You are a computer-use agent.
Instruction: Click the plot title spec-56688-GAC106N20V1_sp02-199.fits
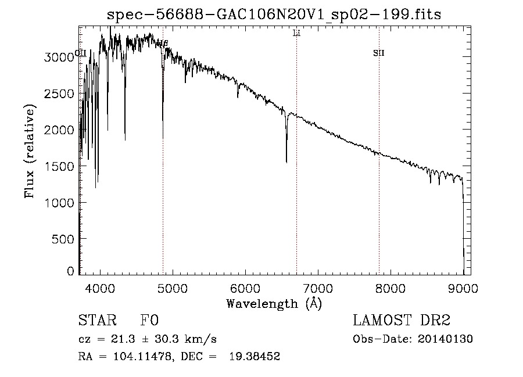pos(274,15)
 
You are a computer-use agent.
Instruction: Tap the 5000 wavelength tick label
pos(173,288)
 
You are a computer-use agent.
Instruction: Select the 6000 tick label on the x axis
pos(245,288)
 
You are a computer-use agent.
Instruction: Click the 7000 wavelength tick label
pos(318,288)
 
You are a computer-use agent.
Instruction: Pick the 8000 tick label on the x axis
pos(391,288)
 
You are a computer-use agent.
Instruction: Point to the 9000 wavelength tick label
pos(463,288)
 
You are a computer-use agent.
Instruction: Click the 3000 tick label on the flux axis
pos(59,57)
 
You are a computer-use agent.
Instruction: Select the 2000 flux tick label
pos(59,130)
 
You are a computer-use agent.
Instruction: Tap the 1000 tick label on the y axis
pos(59,202)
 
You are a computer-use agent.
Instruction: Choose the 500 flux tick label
pos(63,239)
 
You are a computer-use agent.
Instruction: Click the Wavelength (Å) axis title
pos(274,303)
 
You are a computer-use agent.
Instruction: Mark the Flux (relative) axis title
pos(29,151)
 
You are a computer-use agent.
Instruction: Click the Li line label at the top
pos(296,34)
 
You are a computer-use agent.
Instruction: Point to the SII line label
pos(379,53)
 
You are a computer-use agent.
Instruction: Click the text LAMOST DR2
pos(402,321)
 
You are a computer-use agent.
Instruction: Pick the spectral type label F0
pos(149,321)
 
